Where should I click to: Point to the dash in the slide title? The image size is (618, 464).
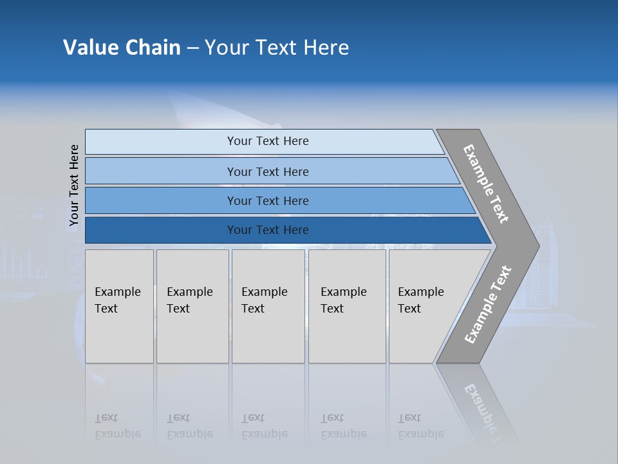click(x=192, y=48)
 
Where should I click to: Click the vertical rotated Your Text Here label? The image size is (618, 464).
click(x=74, y=185)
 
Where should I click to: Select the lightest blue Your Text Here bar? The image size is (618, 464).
click(x=267, y=141)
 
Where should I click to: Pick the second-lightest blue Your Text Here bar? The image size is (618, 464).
click(x=267, y=171)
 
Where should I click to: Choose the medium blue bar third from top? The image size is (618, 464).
click(x=267, y=200)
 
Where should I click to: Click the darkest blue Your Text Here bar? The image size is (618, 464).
click(x=267, y=230)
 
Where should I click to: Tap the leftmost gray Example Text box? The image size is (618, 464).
click(x=119, y=306)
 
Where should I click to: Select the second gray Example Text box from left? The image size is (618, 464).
click(x=192, y=306)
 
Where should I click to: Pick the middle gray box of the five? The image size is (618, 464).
click(x=268, y=306)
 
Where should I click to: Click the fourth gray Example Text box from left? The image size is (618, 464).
click(x=347, y=306)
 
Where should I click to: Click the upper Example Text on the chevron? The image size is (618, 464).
click(x=486, y=184)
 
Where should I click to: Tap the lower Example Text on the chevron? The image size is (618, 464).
click(x=488, y=304)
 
